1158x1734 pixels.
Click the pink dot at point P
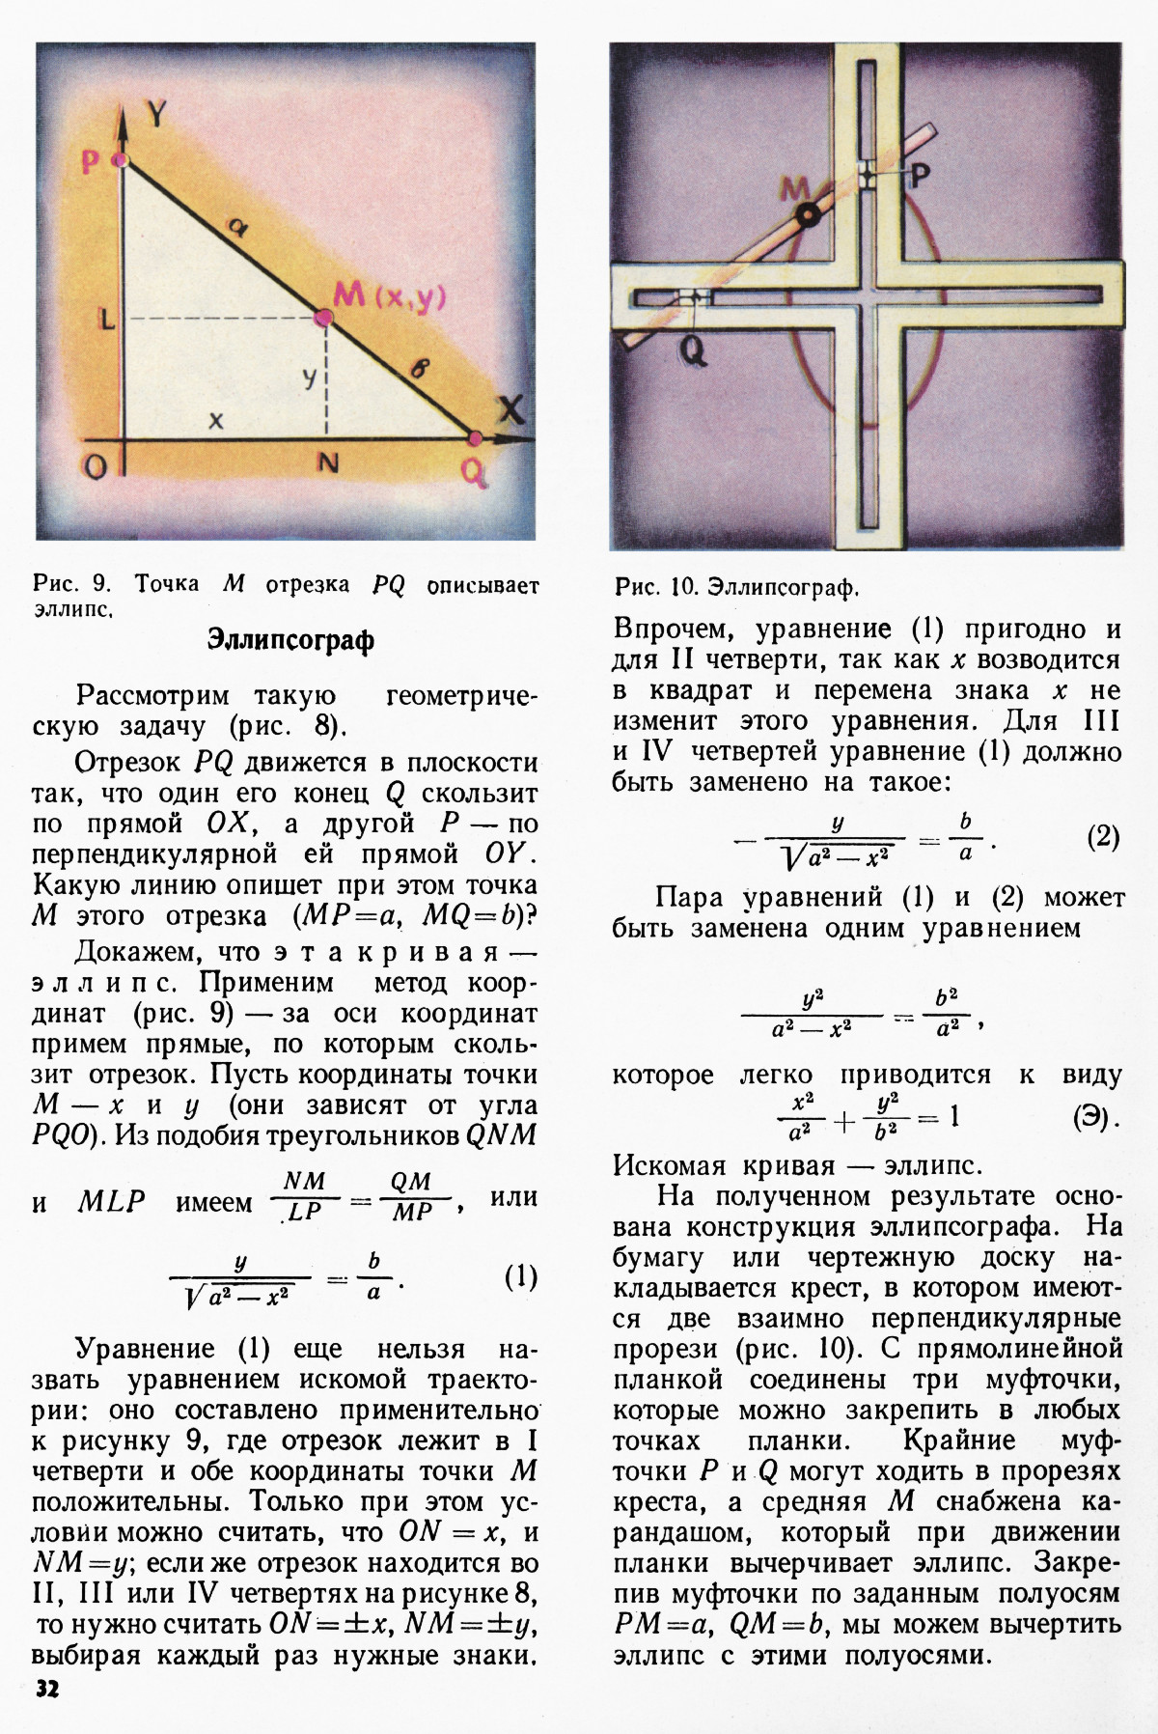tap(121, 162)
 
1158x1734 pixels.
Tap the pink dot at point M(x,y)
tap(323, 317)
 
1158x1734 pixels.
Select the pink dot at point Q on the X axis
tap(474, 439)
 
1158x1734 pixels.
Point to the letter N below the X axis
tap(329, 464)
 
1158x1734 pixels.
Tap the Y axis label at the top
tap(157, 114)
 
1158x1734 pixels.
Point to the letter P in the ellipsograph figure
tap(920, 176)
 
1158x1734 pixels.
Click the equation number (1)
tap(520, 1277)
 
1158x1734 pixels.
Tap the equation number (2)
tap(1103, 836)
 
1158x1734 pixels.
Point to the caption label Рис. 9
tap(72, 584)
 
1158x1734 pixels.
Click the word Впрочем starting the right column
tap(675, 630)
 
